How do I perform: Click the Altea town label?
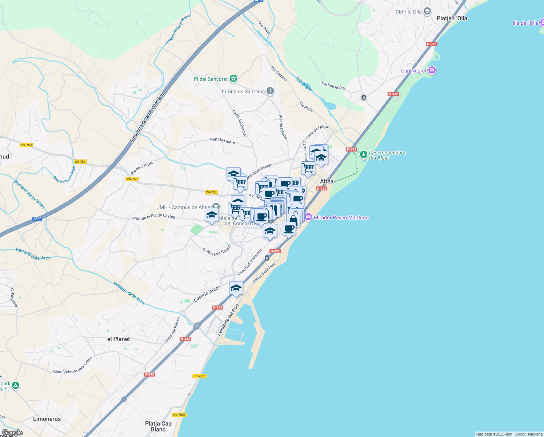click(x=327, y=181)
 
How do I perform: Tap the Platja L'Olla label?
click(x=452, y=18)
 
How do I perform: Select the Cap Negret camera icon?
click(x=432, y=70)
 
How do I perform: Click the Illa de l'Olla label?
click(x=525, y=23)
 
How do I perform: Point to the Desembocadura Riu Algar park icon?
click(x=363, y=155)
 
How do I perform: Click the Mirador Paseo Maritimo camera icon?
click(x=309, y=217)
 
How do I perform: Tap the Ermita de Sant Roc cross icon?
click(x=270, y=91)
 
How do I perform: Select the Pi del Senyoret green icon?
click(x=233, y=79)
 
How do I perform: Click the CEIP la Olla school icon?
click(x=427, y=12)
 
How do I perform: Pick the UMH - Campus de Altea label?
click(x=183, y=207)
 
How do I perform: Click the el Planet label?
click(x=119, y=339)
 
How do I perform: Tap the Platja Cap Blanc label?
click(x=158, y=426)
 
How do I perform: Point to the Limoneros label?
click(x=47, y=419)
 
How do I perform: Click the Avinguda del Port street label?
click(x=228, y=320)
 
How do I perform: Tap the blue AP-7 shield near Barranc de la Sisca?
click(x=37, y=219)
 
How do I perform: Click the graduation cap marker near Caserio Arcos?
click(x=236, y=288)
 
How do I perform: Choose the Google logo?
click(x=12, y=433)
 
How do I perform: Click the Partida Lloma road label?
click(x=222, y=140)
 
